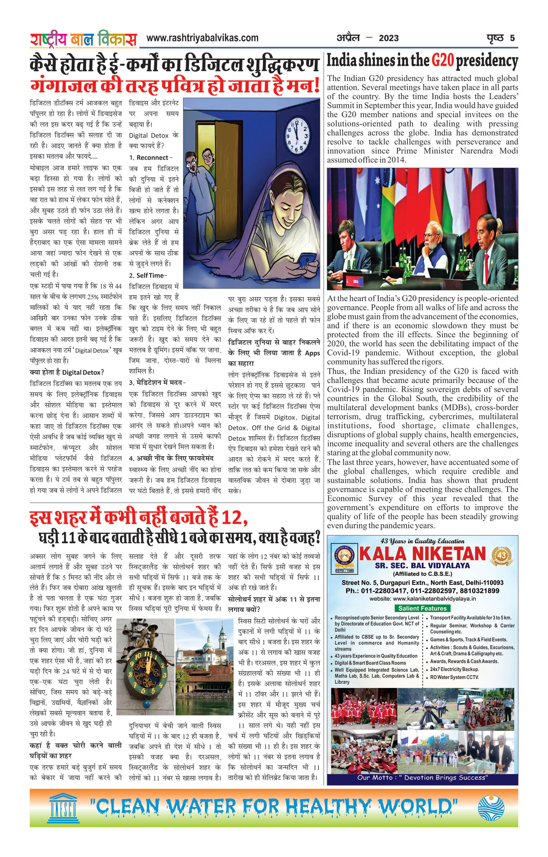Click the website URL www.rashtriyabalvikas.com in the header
[202, 38]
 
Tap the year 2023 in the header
[388, 38]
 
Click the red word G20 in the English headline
[443, 61]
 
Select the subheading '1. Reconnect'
[150, 158]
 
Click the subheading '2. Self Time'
[148, 275]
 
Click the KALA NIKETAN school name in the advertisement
[422, 554]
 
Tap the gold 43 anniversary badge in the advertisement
[501, 555]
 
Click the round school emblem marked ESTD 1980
[344, 556]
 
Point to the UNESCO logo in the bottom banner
[64, 808]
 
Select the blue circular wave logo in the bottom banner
[491, 808]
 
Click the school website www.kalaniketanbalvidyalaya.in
[422, 599]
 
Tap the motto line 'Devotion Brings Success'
[422, 778]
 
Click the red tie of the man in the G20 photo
[486, 263]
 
